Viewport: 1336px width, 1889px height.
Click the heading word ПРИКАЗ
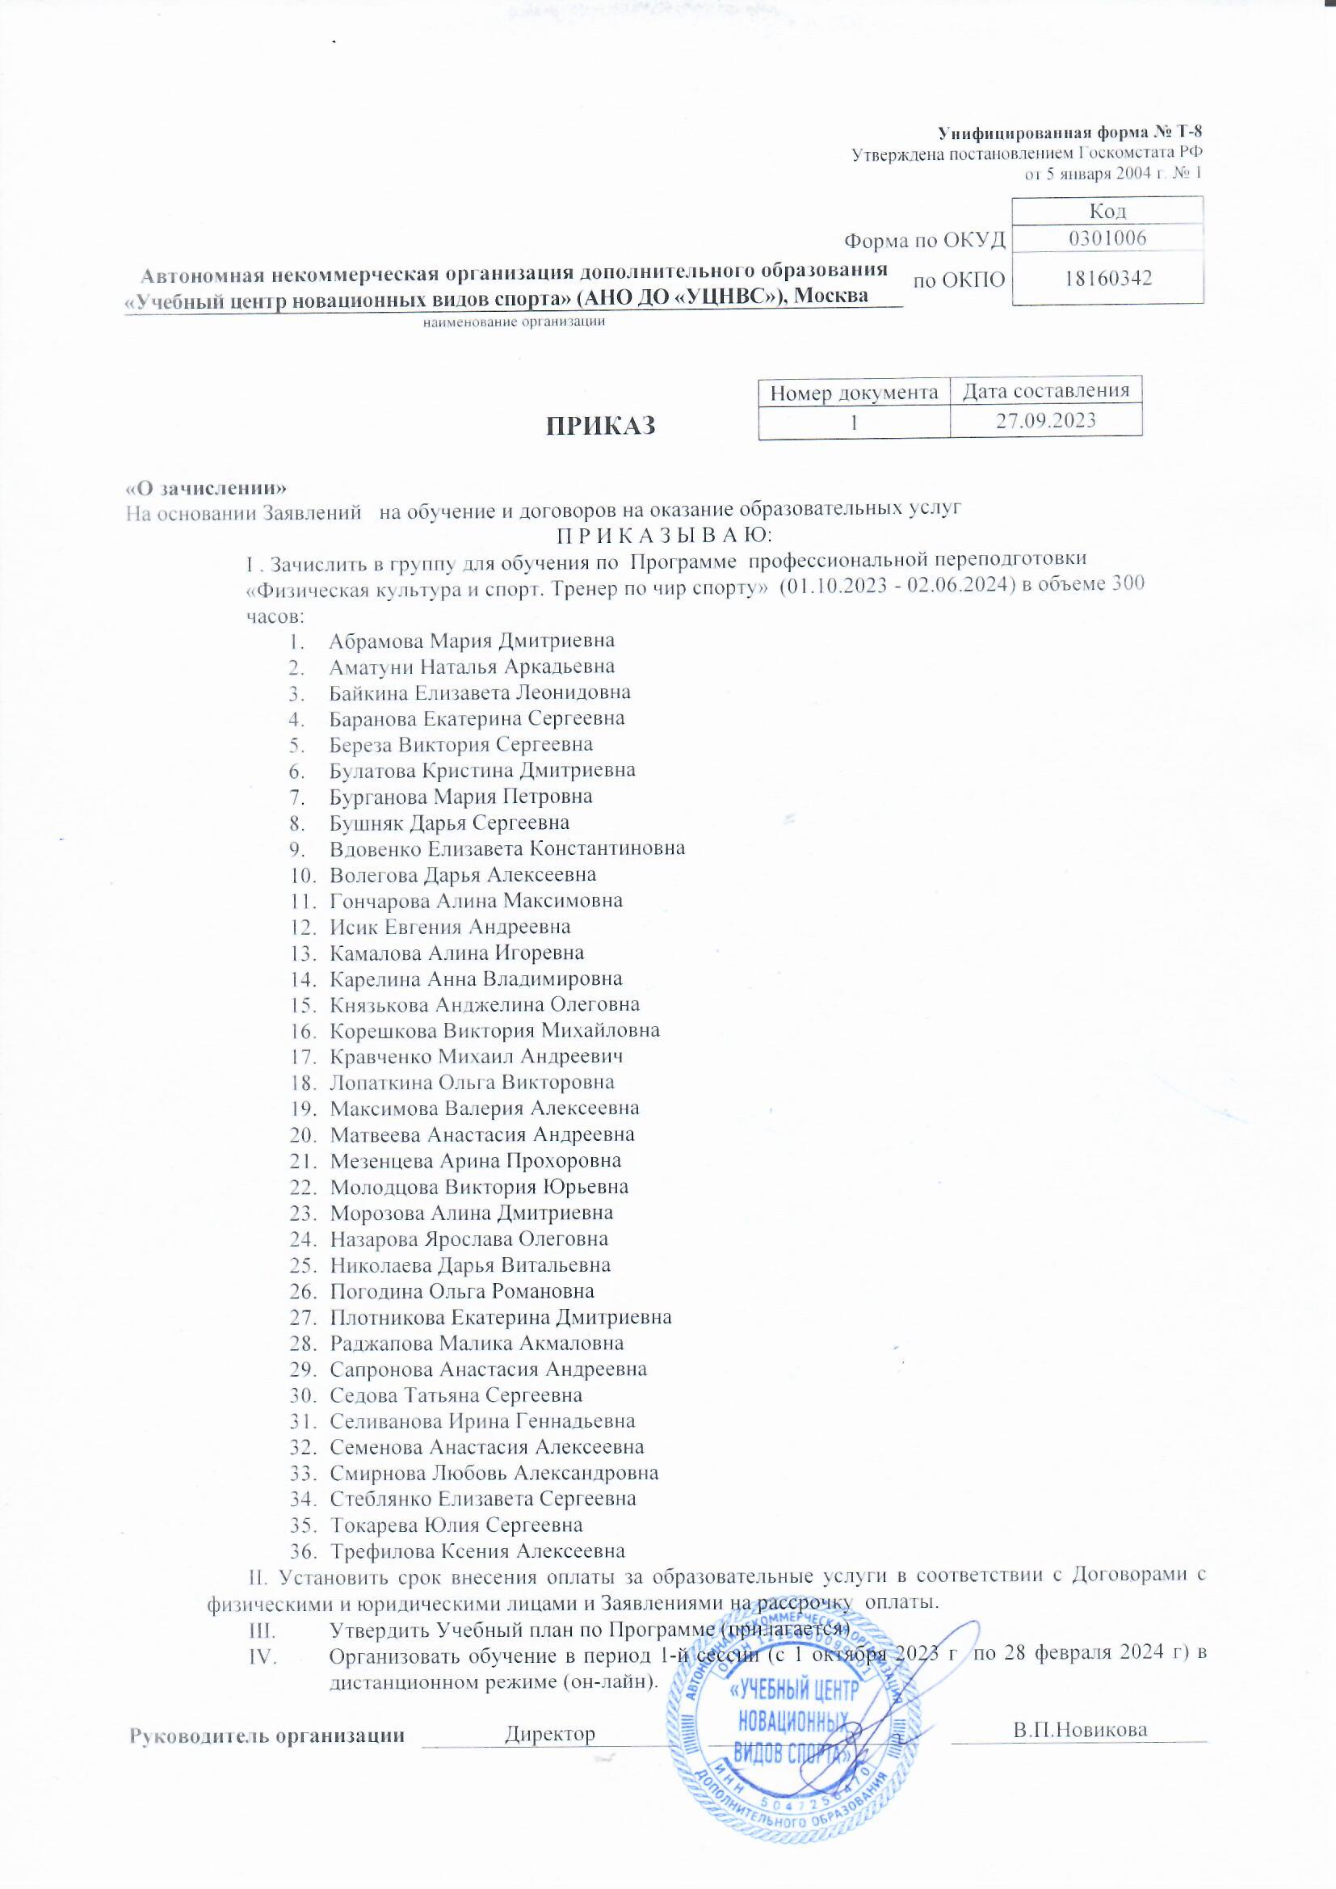(x=602, y=426)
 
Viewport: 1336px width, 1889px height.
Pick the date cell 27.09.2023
(x=1045, y=420)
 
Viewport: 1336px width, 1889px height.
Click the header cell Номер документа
(x=854, y=393)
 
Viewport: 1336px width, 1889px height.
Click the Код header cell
(x=1107, y=211)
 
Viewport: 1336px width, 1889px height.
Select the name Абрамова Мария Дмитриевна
(x=472, y=640)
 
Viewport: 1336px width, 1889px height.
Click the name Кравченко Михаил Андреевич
(x=477, y=1056)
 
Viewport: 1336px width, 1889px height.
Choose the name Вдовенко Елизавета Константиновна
(x=506, y=848)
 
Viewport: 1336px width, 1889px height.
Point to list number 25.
(x=304, y=1265)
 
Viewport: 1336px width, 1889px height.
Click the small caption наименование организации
(x=515, y=322)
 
